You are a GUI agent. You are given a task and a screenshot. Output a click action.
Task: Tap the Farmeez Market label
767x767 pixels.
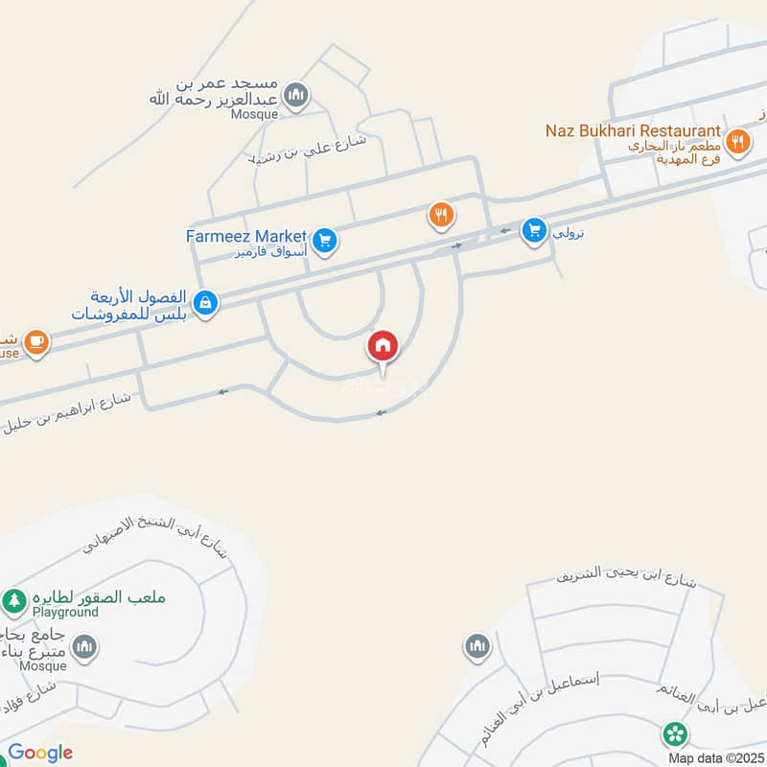click(246, 236)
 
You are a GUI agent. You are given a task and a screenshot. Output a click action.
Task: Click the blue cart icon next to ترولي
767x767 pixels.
click(534, 230)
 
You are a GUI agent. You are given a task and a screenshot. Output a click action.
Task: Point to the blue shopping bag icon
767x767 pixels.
click(205, 304)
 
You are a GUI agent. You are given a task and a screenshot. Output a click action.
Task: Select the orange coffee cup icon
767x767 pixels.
click(36, 343)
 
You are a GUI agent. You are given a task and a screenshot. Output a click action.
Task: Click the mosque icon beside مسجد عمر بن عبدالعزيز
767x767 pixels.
click(297, 94)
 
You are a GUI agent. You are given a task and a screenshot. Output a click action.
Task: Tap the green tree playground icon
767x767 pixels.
click(13, 602)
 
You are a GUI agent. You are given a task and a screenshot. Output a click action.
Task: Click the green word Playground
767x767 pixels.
click(65, 612)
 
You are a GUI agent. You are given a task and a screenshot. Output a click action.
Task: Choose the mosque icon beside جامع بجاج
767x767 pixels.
click(84, 648)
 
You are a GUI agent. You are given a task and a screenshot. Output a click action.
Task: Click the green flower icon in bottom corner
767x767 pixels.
click(675, 735)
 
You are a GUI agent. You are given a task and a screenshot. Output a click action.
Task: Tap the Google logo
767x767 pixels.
click(40, 753)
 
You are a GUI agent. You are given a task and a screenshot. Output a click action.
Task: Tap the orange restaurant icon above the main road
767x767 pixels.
click(441, 216)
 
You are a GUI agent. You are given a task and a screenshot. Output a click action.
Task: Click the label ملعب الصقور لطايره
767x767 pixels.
click(100, 596)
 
